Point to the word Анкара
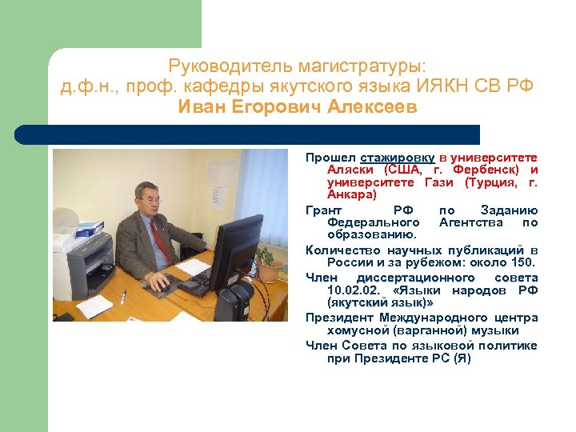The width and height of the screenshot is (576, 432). pos(350,194)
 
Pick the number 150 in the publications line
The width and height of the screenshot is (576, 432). pos(522,262)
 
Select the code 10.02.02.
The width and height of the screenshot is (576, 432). pos(354,290)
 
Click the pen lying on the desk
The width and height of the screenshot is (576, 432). pos(122,297)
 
